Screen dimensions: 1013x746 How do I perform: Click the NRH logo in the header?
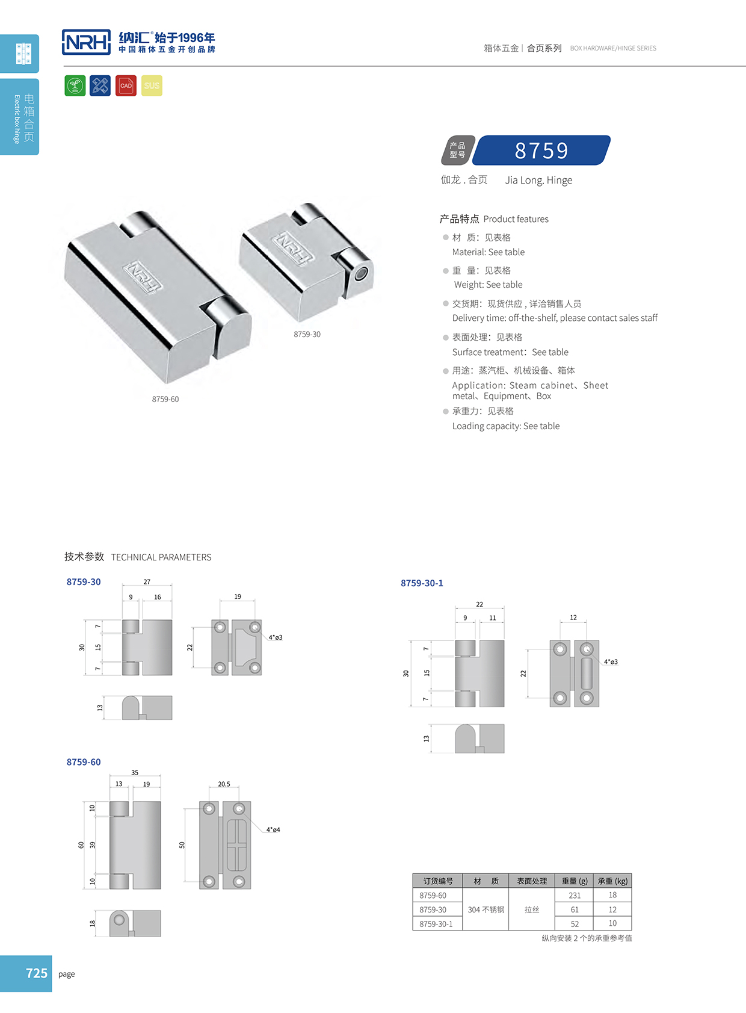[86, 42]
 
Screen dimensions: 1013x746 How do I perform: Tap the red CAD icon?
[126, 85]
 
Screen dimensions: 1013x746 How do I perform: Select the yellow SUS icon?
[152, 85]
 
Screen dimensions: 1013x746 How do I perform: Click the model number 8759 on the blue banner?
[541, 150]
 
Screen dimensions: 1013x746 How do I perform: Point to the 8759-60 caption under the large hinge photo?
[165, 399]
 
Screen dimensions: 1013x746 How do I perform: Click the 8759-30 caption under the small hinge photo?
[307, 334]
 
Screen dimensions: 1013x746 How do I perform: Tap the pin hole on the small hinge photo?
[360, 274]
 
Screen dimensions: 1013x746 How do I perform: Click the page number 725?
[37, 973]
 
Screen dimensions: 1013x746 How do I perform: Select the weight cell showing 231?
[575, 895]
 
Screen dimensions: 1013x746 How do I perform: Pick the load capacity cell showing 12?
[612, 909]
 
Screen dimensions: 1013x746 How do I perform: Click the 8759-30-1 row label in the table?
[436, 924]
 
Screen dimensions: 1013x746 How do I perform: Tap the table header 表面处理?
[532, 881]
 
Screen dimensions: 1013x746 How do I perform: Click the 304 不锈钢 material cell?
[486, 909]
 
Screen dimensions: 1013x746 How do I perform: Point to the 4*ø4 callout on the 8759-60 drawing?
[273, 829]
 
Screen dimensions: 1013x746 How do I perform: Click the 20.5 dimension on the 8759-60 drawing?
[224, 784]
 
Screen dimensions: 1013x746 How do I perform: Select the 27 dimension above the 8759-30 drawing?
[147, 582]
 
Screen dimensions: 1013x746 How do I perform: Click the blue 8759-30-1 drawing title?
[422, 583]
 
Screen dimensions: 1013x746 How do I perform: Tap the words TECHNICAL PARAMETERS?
[161, 557]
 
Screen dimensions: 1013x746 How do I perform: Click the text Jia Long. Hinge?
[538, 180]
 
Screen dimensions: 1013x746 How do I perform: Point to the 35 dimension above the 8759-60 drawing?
[135, 772]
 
